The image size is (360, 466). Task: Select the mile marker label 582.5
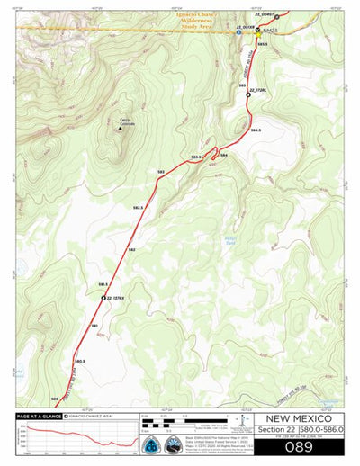[x=138, y=207]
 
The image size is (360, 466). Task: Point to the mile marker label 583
[x=160, y=170]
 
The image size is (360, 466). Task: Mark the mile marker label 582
[x=131, y=249]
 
